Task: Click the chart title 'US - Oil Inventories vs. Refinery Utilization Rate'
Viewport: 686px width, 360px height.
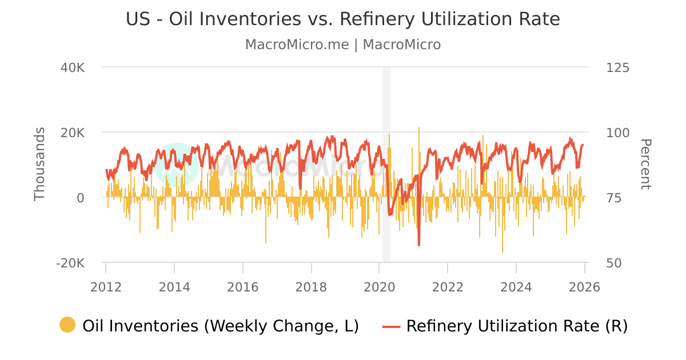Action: click(343, 19)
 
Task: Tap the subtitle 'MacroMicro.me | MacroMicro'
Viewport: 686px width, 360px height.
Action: click(343, 45)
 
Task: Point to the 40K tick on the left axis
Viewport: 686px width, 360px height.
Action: click(73, 67)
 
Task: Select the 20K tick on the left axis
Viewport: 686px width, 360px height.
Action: click(73, 133)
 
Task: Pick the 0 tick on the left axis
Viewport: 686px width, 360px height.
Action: click(81, 198)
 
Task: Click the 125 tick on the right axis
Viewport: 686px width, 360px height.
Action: click(617, 67)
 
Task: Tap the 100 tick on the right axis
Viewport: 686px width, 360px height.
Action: click(617, 133)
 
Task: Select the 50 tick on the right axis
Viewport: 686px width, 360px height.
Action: click(613, 263)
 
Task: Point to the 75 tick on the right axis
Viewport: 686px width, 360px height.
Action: click(613, 198)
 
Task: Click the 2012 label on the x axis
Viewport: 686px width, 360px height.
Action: click(106, 287)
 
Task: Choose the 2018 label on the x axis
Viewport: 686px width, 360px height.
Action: click(311, 287)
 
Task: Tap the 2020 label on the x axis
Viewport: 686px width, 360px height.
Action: click(380, 287)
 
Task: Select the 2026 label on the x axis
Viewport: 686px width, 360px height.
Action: click(584, 287)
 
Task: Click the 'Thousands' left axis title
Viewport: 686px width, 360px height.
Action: click(39, 165)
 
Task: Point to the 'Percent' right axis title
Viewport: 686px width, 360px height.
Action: click(645, 165)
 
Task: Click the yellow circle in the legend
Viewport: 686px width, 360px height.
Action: click(67, 325)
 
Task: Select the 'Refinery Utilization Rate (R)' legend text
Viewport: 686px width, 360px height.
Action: click(517, 326)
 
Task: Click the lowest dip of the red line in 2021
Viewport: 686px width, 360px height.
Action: click(418, 245)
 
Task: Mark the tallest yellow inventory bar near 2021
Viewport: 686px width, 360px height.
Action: click(418, 129)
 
